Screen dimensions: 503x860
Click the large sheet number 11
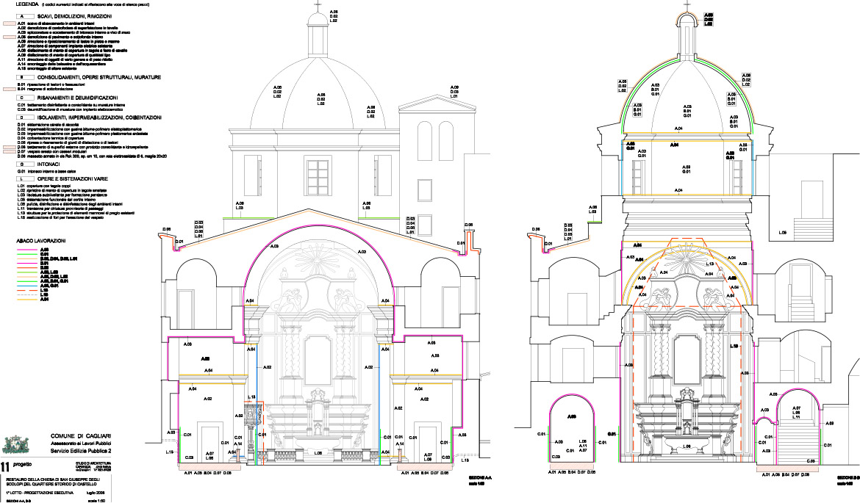click(6, 466)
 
